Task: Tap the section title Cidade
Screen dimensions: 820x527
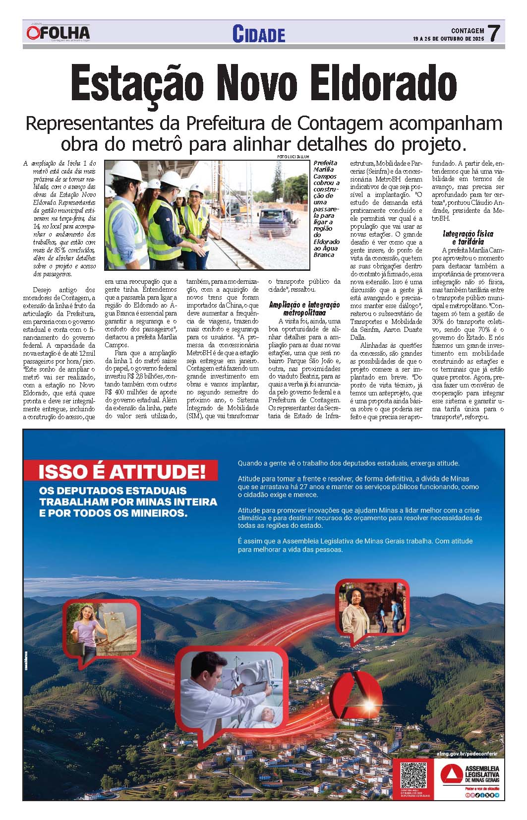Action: coord(259,34)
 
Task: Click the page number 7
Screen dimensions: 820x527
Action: coord(493,34)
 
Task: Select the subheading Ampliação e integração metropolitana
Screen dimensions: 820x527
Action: coord(304,309)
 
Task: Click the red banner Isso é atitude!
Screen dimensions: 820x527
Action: coord(122,471)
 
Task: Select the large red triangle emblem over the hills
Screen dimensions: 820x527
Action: coord(355,695)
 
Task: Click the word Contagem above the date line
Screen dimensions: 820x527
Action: coord(468,30)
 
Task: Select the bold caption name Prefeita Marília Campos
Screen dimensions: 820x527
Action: coord(326,169)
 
